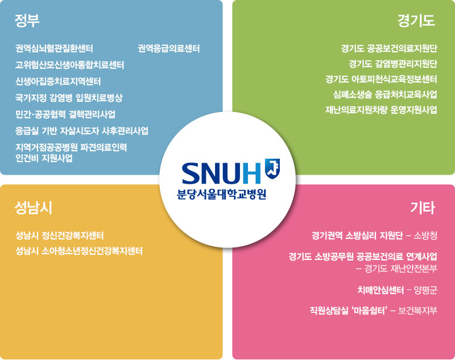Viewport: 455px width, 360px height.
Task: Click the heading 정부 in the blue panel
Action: [27, 20]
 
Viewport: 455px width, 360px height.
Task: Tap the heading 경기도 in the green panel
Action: [416, 20]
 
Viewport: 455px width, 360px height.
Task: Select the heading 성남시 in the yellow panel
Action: [34, 208]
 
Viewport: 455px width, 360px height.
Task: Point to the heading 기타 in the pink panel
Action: [423, 208]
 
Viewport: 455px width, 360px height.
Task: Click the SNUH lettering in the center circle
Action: [221, 173]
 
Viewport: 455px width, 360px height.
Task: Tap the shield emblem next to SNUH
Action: [272, 169]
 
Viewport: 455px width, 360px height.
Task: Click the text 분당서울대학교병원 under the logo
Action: [221, 194]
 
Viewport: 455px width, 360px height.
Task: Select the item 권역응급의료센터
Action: [168, 48]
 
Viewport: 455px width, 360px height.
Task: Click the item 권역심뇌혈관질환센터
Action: [54, 48]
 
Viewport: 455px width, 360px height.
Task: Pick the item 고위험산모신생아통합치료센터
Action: [69, 65]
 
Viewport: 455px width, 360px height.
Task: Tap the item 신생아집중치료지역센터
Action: [58, 81]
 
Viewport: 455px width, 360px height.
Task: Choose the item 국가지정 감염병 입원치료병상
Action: [69, 98]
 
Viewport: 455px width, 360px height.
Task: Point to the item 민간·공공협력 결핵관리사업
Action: [65, 114]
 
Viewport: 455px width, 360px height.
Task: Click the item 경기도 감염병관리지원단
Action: [393, 64]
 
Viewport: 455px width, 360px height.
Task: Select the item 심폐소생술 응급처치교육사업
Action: [385, 94]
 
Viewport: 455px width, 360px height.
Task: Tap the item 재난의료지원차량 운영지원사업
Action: [381, 110]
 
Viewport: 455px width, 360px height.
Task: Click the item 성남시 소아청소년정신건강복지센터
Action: [79, 251]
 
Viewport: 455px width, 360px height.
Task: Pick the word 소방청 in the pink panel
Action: [425, 235]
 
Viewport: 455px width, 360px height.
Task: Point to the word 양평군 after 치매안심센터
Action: [425, 290]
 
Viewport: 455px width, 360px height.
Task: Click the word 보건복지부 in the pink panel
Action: [417, 311]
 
